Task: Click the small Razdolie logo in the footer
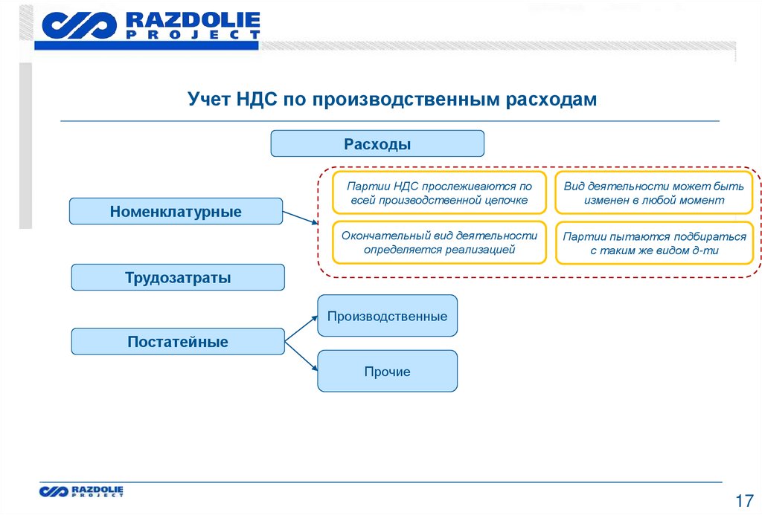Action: pos(82,490)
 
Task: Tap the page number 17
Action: pos(743,499)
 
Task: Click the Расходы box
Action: pos(377,143)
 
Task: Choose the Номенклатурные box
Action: pos(176,211)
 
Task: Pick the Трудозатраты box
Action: pos(178,277)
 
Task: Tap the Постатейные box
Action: pos(178,342)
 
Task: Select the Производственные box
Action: pos(387,316)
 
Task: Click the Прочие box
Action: pos(387,372)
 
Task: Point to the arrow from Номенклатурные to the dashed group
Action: pos(301,218)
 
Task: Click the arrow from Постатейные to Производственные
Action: pos(301,327)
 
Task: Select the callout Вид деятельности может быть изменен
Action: pos(654,193)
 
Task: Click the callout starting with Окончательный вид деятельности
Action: pos(439,242)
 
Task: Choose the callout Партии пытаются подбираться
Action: pos(654,244)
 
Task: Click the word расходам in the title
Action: pos(551,100)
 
